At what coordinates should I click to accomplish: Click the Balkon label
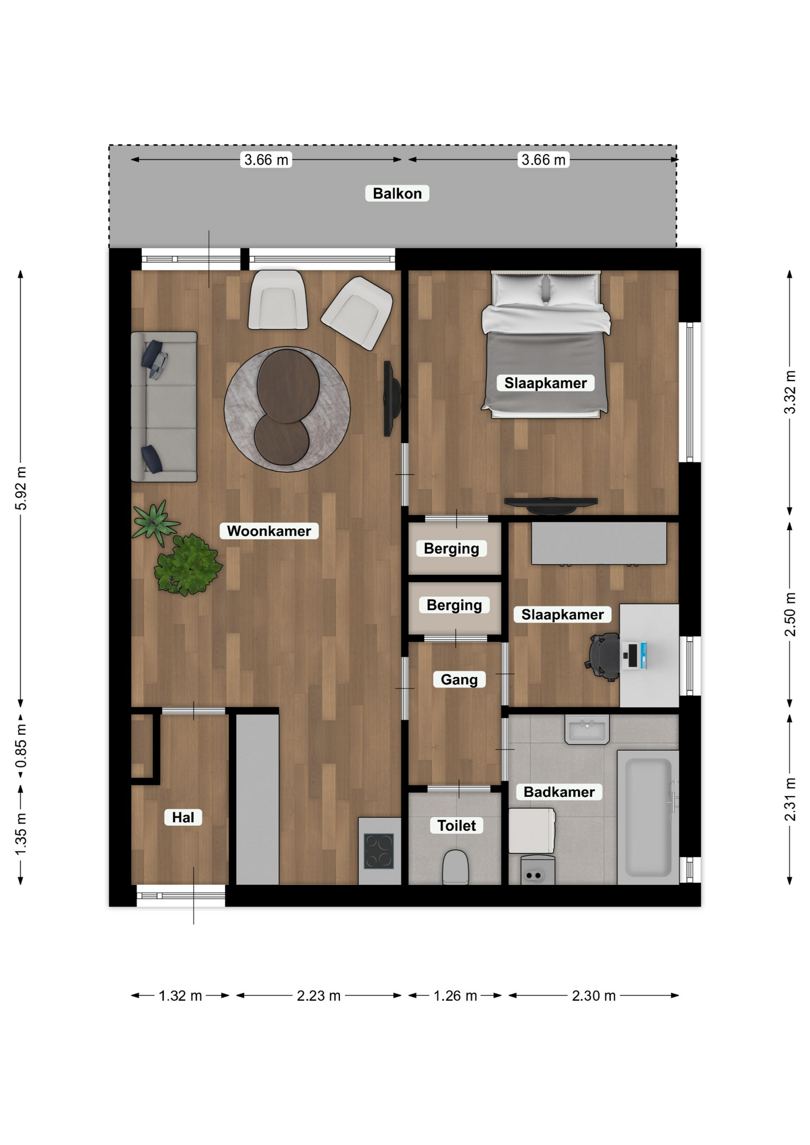[397, 193]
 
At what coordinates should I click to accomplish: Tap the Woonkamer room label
[268, 531]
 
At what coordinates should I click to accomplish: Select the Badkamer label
[559, 792]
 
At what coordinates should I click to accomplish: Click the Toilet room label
[456, 825]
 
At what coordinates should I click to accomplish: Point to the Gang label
[459, 679]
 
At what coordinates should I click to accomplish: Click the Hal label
[183, 817]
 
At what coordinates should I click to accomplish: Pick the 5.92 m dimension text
[21, 488]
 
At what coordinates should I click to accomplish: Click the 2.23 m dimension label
[319, 995]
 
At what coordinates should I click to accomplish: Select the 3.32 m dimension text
[790, 392]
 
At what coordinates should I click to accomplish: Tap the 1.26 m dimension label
[455, 995]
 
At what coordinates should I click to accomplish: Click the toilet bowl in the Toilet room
[455, 867]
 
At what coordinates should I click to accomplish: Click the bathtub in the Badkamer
[648, 817]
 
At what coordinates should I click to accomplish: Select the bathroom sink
[587, 729]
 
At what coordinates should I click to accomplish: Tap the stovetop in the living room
[379, 851]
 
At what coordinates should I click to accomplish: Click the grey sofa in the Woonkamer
[164, 407]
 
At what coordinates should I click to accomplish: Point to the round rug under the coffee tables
[287, 409]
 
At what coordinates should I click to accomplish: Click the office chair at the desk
[604, 657]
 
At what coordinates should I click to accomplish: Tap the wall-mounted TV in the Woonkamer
[391, 398]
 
